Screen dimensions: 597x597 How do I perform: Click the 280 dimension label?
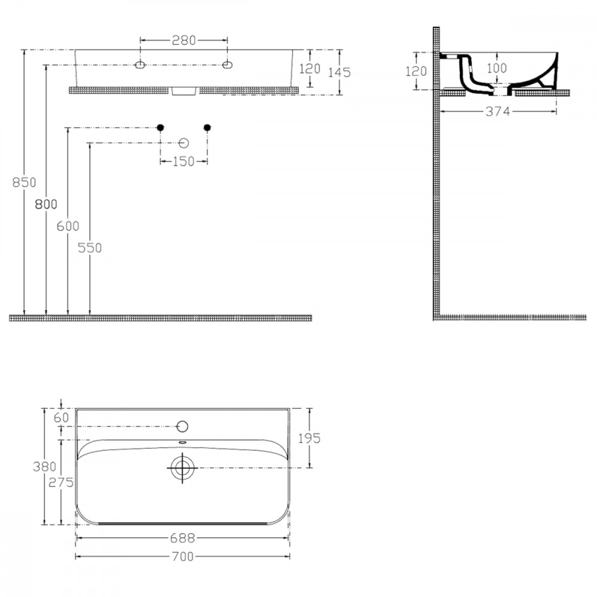(x=183, y=40)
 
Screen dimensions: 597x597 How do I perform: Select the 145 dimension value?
(x=339, y=72)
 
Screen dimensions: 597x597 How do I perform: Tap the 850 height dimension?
(x=24, y=182)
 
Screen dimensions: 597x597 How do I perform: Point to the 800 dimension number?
(x=46, y=204)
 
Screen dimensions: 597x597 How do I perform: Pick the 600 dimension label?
(x=68, y=226)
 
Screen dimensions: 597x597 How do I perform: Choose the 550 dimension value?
(x=90, y=248)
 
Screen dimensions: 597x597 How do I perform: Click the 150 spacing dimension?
(x=183, y=161)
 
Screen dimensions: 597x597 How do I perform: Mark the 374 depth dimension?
(x=498, y=112)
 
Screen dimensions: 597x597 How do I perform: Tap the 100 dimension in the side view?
(x=497, y=68)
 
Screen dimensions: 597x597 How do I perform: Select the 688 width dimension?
(x=183, y=538)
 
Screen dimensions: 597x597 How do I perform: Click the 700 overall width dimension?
(x=183, y=556)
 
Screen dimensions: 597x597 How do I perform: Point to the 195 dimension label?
(x=309, y=438)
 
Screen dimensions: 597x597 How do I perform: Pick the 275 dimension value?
(x=61, y=482)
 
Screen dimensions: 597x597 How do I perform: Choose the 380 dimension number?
(x=45, y=466)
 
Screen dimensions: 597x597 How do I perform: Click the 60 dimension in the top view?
(x=61, y=418)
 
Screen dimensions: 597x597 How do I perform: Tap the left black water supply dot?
(x=161, y=128)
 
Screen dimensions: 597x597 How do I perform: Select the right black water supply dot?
(x=208, y=128)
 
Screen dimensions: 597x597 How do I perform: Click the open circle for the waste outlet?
(x=184, y=143)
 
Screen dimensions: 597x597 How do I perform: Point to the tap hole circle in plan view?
(x=183, y=426)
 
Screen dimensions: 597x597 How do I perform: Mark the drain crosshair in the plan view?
(x=182, y=468)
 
